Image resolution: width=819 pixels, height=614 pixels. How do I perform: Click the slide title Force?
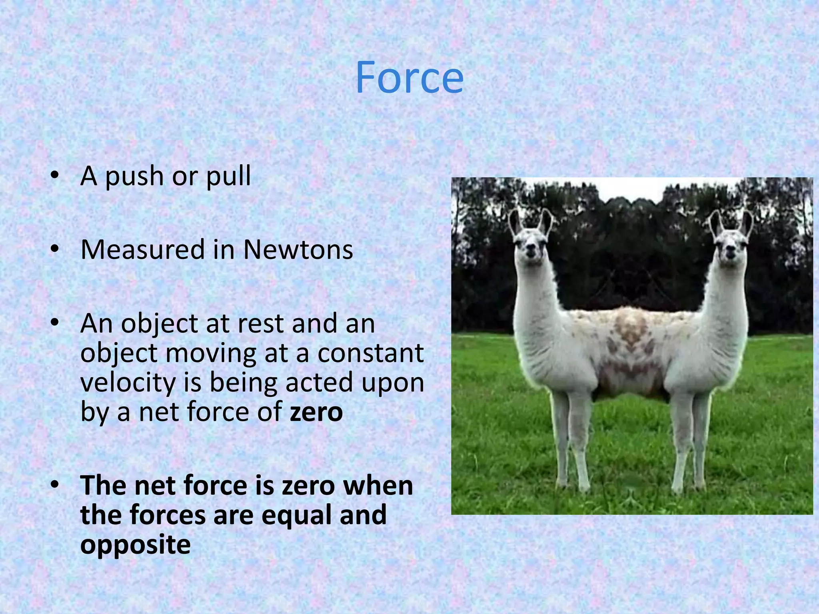[409, 78]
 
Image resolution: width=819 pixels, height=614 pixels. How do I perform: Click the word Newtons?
[298, 250]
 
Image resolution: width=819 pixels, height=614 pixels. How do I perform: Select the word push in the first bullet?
[134, 176]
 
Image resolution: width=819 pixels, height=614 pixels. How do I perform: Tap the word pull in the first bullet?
[228, 176]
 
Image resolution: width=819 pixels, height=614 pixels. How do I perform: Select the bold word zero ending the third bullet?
[316, 412]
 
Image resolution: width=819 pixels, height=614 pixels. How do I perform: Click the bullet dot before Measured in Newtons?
[55, 249]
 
